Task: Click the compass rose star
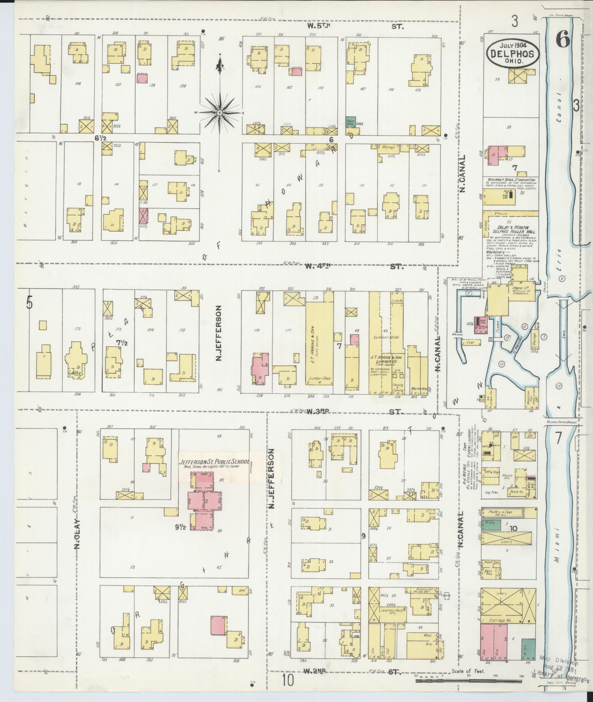tap(220, 113)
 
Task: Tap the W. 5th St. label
tap(359, 26)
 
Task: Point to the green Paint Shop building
tap(351, 123)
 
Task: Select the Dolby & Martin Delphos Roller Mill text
tap(511, 229)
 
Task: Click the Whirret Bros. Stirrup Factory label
tap(511, 180)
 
